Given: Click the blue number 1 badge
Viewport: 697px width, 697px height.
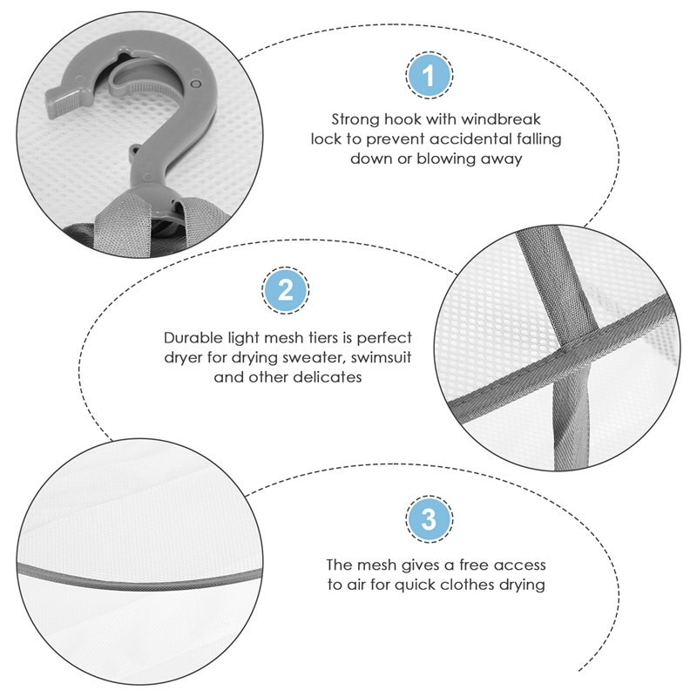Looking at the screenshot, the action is click(429, 75).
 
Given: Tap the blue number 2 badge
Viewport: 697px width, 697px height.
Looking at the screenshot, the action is click(286, 290).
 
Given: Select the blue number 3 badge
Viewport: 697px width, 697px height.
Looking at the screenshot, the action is click(429, 518).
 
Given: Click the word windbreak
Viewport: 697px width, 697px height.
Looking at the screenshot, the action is click(500, 119).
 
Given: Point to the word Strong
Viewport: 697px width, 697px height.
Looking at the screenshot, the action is click(355, 120).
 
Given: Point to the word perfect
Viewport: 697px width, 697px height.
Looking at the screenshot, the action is click(384, 338).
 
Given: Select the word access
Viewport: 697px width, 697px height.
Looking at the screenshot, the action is click(519, 565).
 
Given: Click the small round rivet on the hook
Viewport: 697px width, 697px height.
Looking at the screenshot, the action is click(195, 84).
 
